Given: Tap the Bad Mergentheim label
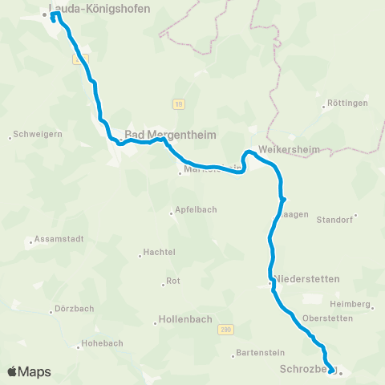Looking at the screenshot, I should (x=170, y=135).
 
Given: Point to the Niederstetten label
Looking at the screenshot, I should (x=308, y=279).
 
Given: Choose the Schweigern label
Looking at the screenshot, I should (x=35, y=136).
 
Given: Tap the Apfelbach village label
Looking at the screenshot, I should (x=195, y=213).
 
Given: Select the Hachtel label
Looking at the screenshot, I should (x=159, y=253).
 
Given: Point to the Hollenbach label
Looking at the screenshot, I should (x=185, y=319).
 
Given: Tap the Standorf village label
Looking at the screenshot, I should (x=334, y=219).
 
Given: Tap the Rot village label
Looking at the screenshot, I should (x=172, y=282).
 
